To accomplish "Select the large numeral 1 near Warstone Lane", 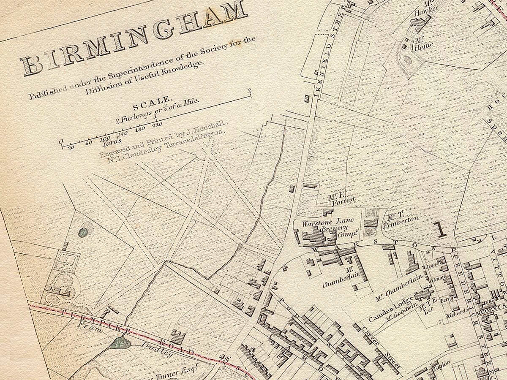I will click(x=441, y=229).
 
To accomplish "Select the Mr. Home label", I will click(x=423, y=43).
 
